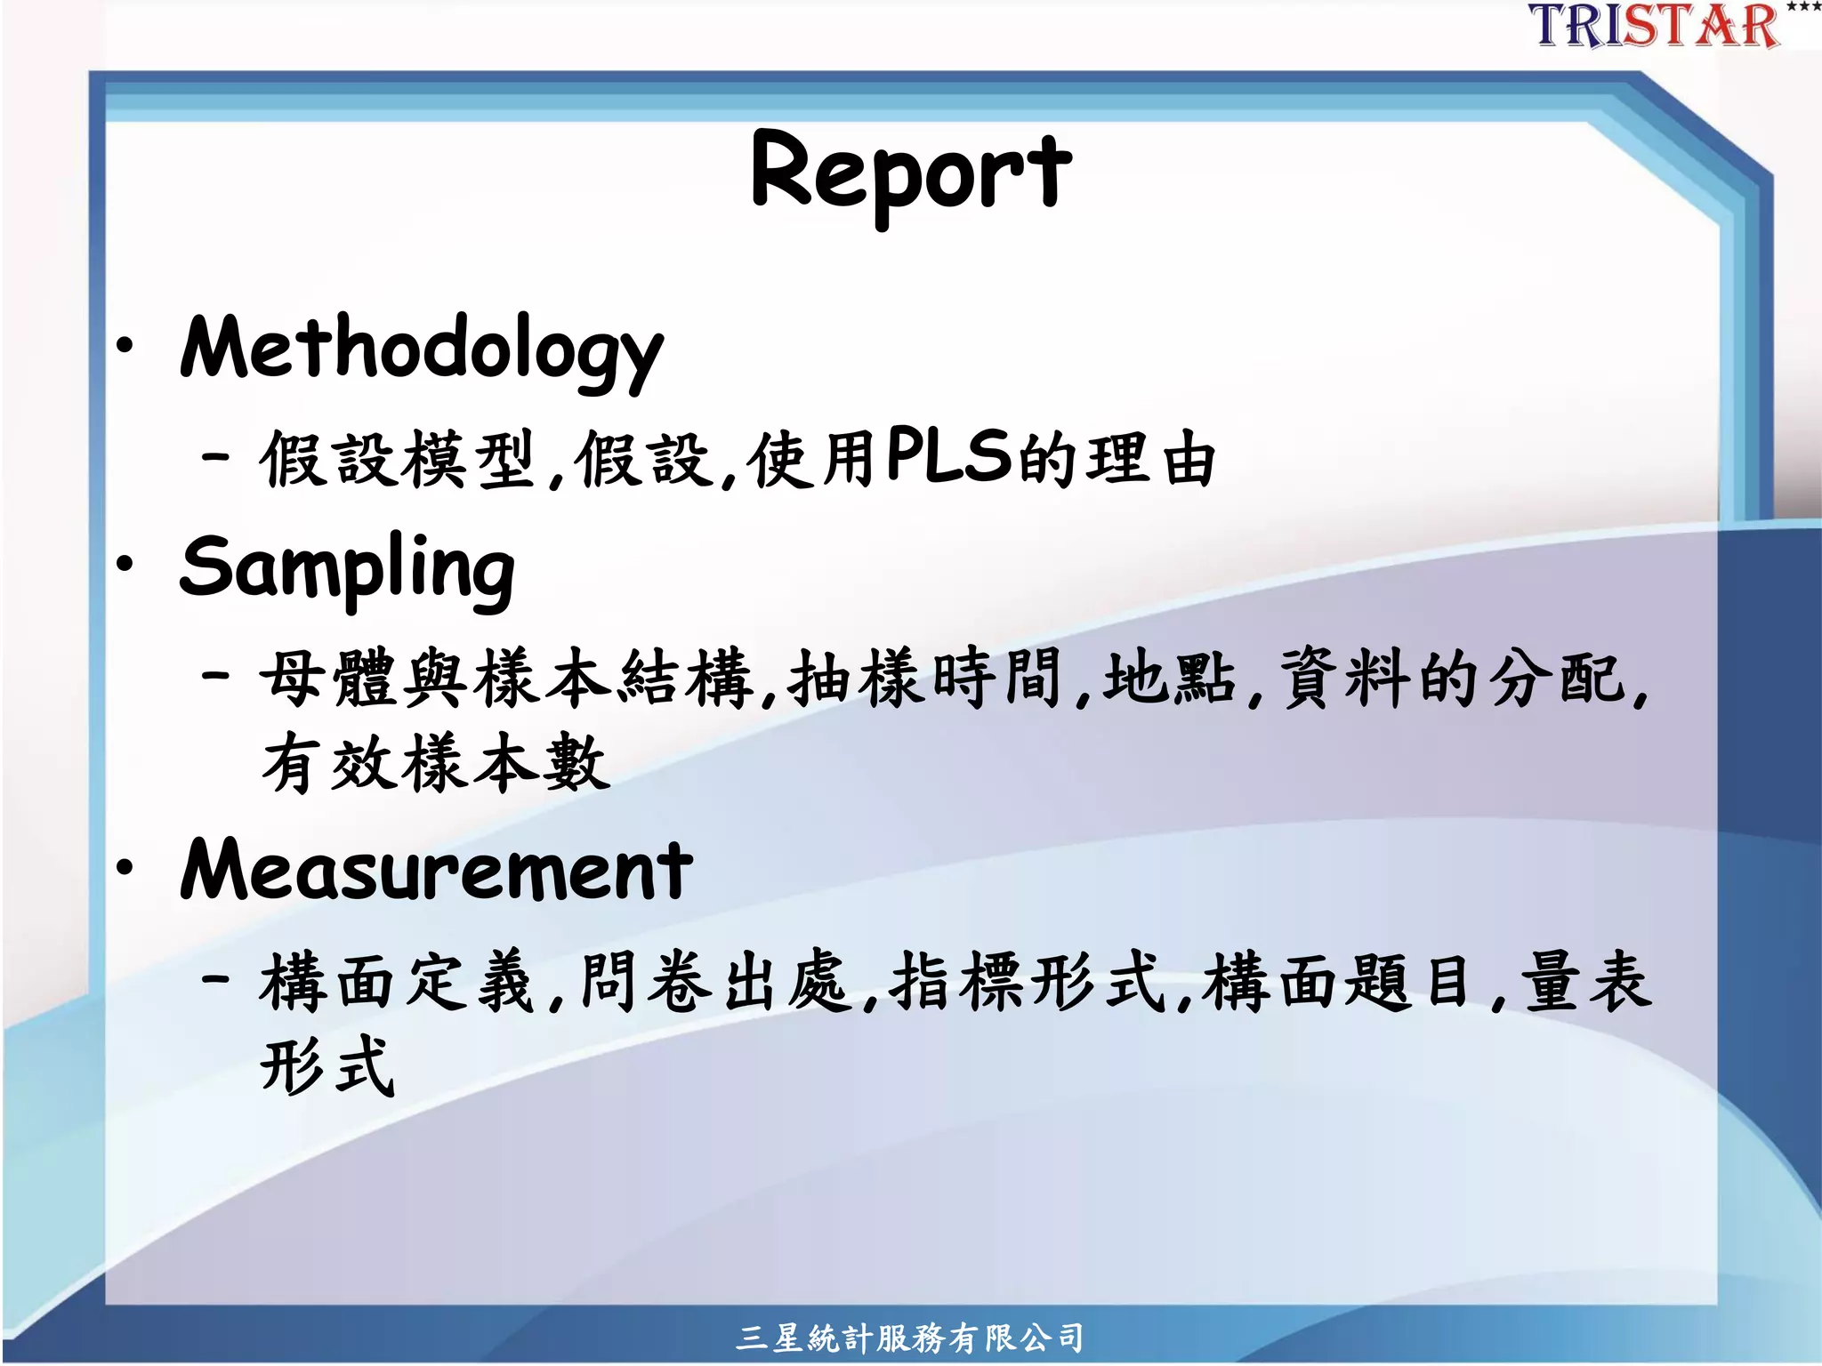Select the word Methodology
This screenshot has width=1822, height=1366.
422,349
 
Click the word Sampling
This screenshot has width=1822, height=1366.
347,567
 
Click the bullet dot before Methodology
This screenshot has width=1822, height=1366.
125,345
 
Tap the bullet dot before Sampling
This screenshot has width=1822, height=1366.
125,563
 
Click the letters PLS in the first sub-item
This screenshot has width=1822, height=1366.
948,455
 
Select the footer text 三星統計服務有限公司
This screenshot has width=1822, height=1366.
909,1337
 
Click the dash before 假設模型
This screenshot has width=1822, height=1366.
216,459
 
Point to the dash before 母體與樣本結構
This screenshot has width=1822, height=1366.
216,676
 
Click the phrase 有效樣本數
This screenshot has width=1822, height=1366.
436,763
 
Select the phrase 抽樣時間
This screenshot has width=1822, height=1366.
925,678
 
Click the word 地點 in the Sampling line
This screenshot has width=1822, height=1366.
1169,678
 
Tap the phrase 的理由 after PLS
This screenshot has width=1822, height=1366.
1117,459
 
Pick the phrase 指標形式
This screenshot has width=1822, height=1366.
1027,982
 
